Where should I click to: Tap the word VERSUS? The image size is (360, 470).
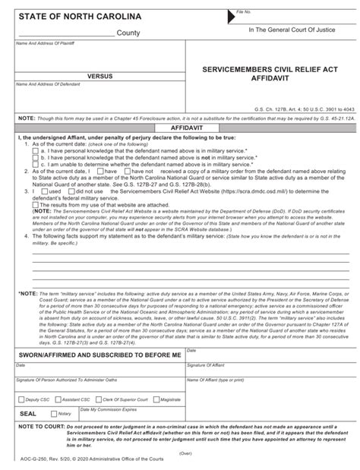pos(101,77)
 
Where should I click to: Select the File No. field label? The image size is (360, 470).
pos(243,12)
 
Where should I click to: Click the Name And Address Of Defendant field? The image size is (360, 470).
pos(99,99)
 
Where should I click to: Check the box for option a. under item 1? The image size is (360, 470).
pos(36,150)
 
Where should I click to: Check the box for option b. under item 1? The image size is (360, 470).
pos(36,157)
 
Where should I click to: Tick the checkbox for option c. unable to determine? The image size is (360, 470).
pos(36,164)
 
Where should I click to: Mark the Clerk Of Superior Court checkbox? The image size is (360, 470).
pos(98,399)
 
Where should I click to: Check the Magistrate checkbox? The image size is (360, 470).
pos(156,399)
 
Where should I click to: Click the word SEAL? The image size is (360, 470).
pos(28,413)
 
